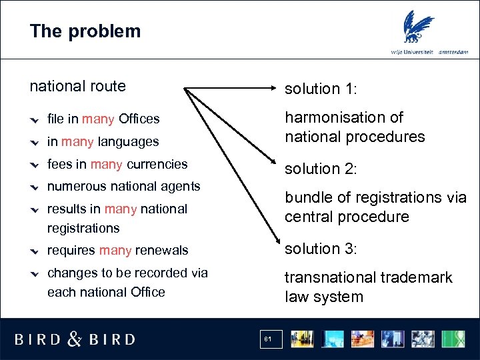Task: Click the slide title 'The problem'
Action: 85,31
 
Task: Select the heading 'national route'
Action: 78,86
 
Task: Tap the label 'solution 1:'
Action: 321,89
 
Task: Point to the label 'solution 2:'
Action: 321,169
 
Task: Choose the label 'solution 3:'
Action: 321,249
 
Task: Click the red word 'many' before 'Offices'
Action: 98,119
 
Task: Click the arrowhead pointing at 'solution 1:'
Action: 274,88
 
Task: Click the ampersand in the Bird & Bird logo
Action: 75,339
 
